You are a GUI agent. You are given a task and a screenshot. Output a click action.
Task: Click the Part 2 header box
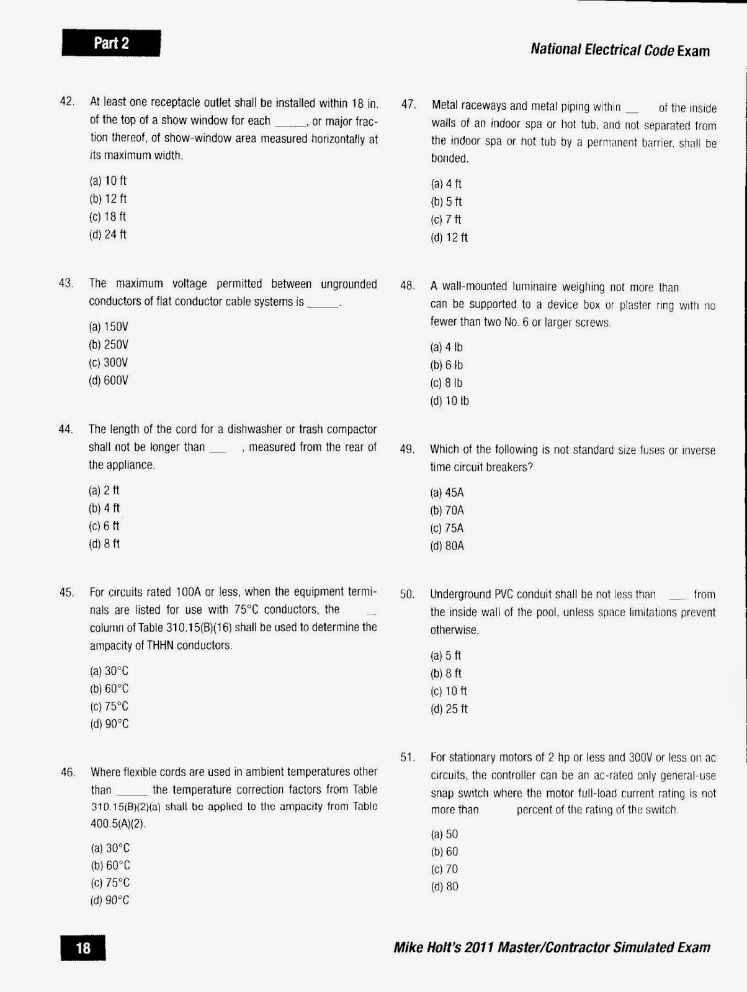pyautogui.click(x=111, y=43)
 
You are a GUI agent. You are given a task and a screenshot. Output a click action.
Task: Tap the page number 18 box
pyautogui.click(x=83, y=947)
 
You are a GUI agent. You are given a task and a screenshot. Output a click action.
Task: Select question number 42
pyautogui.click(x=67, y=102)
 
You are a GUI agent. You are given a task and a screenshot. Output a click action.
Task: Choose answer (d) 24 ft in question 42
pyautogui.click(x=108, y=234)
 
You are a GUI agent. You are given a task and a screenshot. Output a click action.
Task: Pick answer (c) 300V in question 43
pyautogui.click(x=109, y=363)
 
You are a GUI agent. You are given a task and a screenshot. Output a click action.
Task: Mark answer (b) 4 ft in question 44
pyautogui.click(x=104, y=508)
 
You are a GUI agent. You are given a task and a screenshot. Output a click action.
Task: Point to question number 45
pyautogui.click(x=66, y=592)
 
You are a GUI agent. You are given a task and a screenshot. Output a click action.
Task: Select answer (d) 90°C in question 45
pyautogui.click(x=109, y=724)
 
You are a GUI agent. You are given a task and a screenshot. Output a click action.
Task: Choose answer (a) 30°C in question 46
pyautogui.click(x=110, y=848)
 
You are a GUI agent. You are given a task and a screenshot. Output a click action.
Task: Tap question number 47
pyautogui.click(x=408, y=105)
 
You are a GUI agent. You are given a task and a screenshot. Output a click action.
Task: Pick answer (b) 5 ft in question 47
pyautogui.click(x=446, y=201)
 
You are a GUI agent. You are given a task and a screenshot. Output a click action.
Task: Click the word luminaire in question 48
pyautogui.click(x=535, y=287)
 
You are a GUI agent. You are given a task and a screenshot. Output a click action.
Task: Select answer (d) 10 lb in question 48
pyautogui.click(x=449, y=401)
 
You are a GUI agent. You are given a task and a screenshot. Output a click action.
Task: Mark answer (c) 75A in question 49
pyautogui.click(x=447, y=528)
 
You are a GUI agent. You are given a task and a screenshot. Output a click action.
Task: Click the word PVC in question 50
pyautogui.click(x=505, y=594)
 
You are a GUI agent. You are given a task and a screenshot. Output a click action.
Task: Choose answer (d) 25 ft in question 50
pyautogui.click(x=449, y=709)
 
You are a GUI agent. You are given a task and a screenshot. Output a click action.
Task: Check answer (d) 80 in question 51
pyautogui.click(x=444, y=887)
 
